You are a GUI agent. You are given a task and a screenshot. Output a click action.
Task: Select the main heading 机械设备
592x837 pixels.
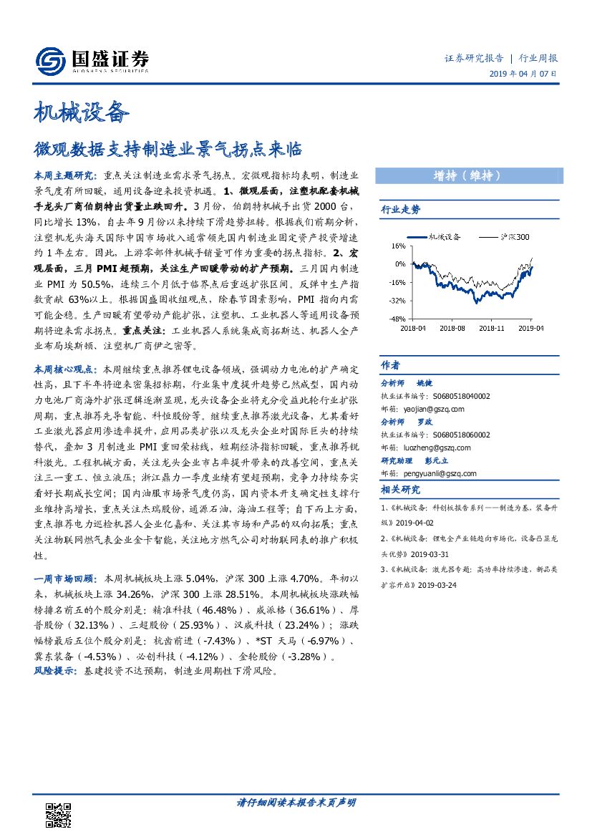click(x=82, y=113)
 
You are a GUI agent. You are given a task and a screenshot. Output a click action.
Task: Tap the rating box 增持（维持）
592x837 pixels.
click(x=466, y=176)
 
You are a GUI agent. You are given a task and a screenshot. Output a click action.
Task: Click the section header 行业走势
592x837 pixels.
click(x=400, y=210)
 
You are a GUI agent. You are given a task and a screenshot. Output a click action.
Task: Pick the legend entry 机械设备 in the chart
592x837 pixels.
click(x=445, y=236)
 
